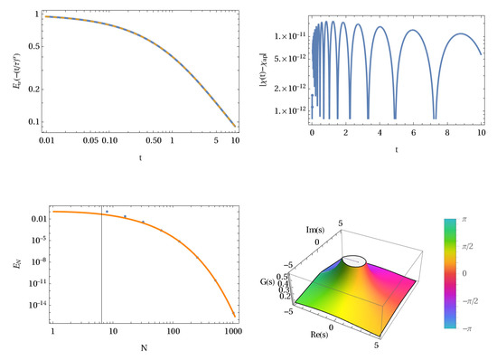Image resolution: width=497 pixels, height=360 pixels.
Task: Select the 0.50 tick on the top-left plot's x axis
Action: tap(154, 141)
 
